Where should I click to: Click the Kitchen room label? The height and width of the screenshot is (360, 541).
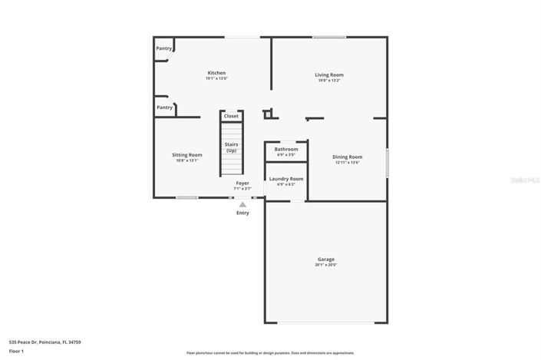(x=216, y=73)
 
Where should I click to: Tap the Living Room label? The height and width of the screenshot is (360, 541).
(x=329, y=74)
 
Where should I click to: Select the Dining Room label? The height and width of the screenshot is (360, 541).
(x=347, y=157)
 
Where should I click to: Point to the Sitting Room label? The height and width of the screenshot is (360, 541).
(x=186, y=155)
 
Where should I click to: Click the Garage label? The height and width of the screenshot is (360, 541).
(x=326, y=259)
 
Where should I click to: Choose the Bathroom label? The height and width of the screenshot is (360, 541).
(x=286, y=149)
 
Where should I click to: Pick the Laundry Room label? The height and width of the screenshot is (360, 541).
(x=285, y=179)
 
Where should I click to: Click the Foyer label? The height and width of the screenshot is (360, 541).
(x=242, y=183)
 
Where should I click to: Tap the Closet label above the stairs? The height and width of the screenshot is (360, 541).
(x=231, y=116)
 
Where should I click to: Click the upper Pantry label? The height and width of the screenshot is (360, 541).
(x=164, y=48)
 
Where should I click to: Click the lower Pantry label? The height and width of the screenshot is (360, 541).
(x=164, y=107)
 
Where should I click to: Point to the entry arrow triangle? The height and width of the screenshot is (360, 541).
(x=242, y=204)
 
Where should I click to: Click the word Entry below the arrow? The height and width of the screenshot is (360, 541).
(x=242, y=213)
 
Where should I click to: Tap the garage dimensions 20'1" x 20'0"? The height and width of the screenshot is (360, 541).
(x=326, y=265)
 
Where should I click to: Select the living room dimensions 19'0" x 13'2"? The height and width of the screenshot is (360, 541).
(x=329, y=80)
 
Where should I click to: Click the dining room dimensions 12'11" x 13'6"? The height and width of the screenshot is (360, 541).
(x=347, y=163)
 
